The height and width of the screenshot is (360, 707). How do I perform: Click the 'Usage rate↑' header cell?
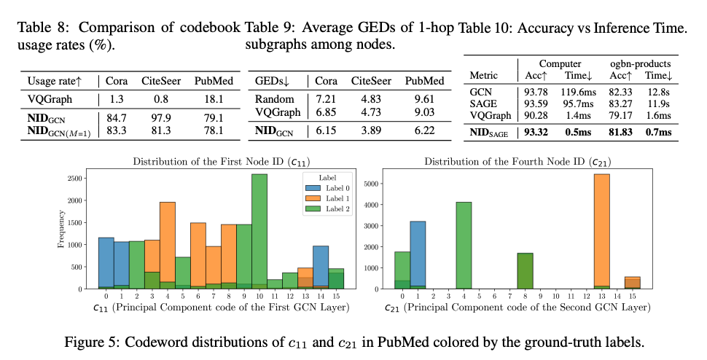point(57,80)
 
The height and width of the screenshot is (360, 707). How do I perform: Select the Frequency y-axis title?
point(60,230)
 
